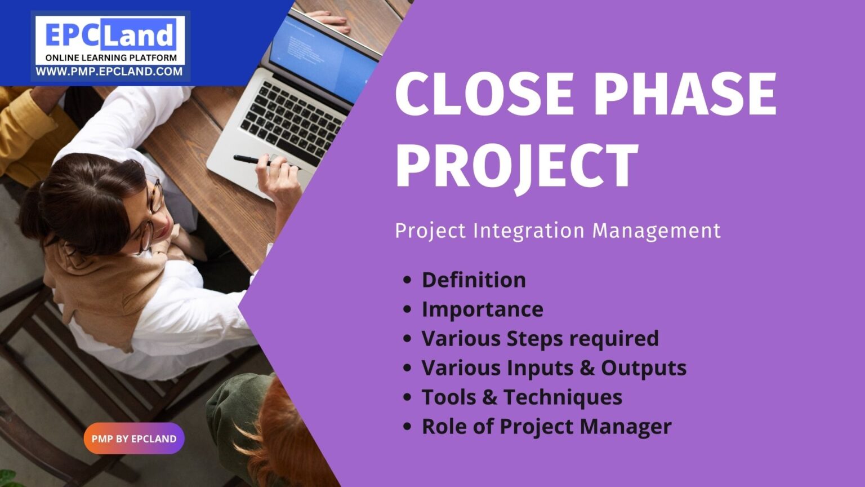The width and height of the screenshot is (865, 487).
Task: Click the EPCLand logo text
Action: coord(110,35)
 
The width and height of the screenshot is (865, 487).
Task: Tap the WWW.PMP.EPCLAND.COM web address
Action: coord(109,72)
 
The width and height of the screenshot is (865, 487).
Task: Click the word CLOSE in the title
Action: coord(484,94)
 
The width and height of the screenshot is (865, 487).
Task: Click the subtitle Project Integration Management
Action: coord(558,231)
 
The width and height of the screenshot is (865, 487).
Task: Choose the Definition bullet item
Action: coord(474,280)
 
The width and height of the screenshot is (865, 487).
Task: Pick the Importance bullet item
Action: coord(482,309)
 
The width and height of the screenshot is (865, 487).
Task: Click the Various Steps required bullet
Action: coord(540,338)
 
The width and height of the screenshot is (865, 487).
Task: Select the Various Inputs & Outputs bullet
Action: coord(554,368)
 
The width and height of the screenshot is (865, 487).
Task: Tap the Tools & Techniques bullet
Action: coord(521,397)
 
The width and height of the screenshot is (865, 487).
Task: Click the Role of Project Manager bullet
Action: coord(546,426)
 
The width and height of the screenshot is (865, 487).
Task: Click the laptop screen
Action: coord(321,56)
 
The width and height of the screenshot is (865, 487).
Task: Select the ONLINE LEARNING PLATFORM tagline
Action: coord(110,57)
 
